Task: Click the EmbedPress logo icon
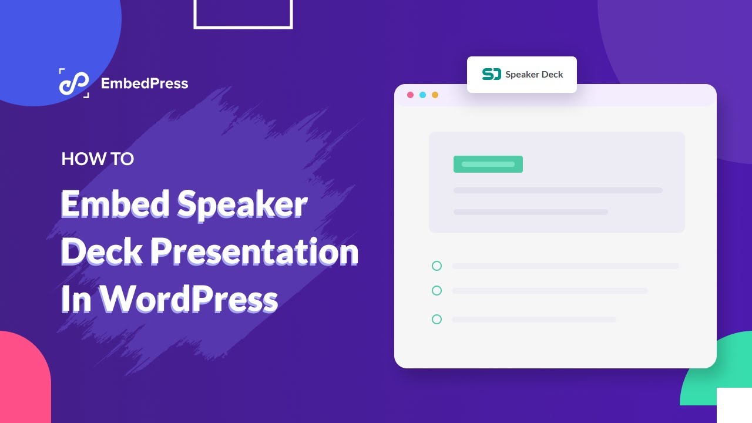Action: tap(74, 83)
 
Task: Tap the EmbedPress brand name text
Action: tap(145, 83)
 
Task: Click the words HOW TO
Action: tap(98, 159)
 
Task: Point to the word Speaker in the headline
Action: tap(242, 204)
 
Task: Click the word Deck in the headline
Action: tap(101, 253)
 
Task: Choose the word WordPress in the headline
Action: tap(188, 300)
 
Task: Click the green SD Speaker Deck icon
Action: tap(492, 75)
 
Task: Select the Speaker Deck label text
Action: tap(534, 75)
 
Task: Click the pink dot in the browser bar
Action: tap(410, 95)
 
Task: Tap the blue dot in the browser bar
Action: tap(422, 95)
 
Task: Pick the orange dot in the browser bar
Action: tap(435, 95)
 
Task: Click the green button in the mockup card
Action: tap(488, 164)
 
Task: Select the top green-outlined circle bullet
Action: tap(437, 266)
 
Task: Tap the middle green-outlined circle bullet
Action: tap(437, 291)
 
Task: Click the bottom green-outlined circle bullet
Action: tap(437, 320)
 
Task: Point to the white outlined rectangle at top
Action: tap(243, 26)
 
